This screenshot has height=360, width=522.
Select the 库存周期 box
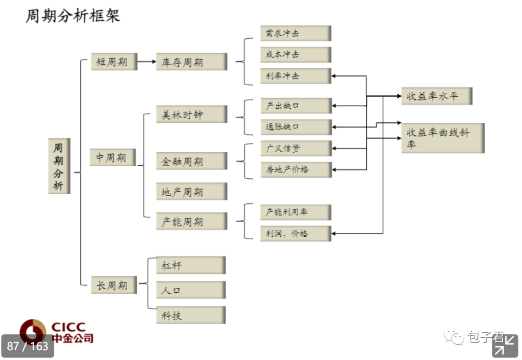click(191, 62)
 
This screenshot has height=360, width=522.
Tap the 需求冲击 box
click(295, 33)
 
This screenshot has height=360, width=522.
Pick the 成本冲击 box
click(295, 55)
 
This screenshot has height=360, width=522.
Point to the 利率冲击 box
click(295, 76)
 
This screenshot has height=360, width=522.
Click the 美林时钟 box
click(191, 115)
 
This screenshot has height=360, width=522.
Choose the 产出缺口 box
click(295, 105)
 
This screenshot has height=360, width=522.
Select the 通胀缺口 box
click(295, 127)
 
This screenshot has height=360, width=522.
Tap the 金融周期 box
click(191, 161)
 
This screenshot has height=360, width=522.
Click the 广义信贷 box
click(295, 148)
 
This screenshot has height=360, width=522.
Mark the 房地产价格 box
click(295, 170)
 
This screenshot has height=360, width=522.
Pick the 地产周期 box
click(191, 192)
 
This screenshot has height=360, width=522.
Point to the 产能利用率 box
click(295, 212)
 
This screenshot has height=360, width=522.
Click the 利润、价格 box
click(295, 233)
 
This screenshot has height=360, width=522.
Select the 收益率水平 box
click(436, 96)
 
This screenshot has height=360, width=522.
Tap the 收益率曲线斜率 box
click(442, 138)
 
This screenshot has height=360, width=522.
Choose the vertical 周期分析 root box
click(59, 167)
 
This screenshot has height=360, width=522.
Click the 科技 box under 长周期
click(190, 315)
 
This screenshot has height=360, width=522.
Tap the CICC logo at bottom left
click(56, 331)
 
